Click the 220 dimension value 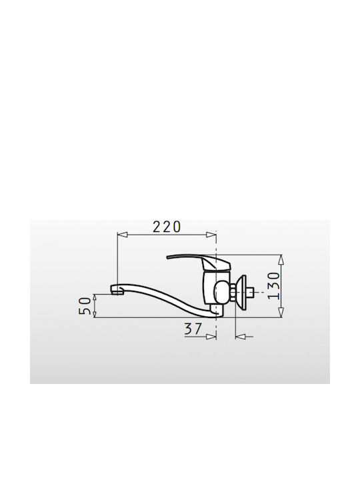click(x=167, y=227)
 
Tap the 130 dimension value click(x=274, y=285)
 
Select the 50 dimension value click(x=85, y=305)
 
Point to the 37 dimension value click(x=193, y=329)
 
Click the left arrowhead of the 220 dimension click(x=122, y=235)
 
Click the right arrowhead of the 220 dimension click(x=211, y=235)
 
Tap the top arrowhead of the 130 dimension click(x=281, y=259)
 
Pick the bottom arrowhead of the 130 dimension click(x=281, y=313)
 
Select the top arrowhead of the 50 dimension click(x=95, y=298)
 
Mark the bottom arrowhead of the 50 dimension click(x=95, y=313)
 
